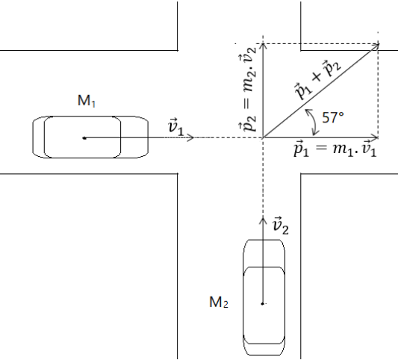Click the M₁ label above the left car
click(87, 101)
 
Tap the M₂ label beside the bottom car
click(219, 302)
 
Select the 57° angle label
click(333, 117)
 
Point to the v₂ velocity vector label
click(280, 226)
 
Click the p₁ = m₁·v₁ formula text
click(335, 149)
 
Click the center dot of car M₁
click(84, 138)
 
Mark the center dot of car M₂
click(263, 304)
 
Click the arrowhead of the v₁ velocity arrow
click(192, 137)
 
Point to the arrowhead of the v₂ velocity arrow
click(263, 219)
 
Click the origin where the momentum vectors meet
click(264, 137)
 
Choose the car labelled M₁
click(90, 137)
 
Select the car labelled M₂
click(264, 297)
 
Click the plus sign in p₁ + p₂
click(317, 76)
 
